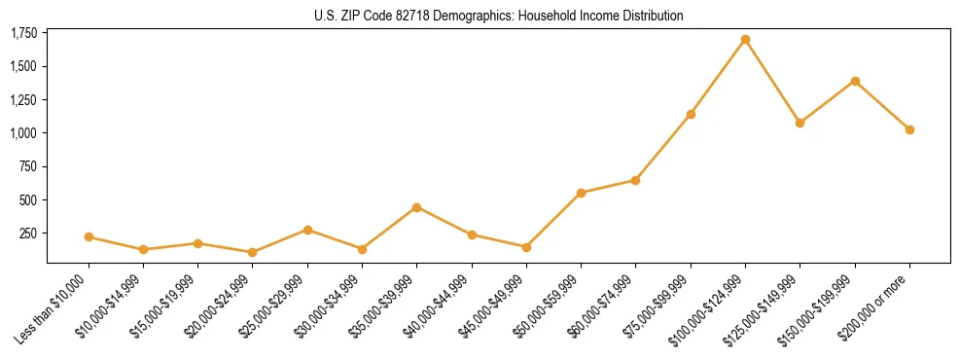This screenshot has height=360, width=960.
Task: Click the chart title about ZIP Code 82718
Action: [499, 16]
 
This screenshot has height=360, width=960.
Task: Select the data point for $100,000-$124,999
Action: [745, 40]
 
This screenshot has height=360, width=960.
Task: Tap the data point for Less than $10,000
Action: [89, 236]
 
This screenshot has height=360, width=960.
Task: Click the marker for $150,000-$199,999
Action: [855, 81]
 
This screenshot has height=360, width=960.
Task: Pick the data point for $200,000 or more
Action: [909, 129]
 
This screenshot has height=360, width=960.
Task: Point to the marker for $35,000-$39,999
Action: [416, 207]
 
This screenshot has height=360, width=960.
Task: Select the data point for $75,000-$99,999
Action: [691, 114]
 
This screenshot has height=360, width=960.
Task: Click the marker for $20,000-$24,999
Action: [253, 252]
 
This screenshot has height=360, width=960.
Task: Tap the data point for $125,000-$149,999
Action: [800, 123]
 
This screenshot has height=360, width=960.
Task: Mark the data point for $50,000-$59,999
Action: [581, 193]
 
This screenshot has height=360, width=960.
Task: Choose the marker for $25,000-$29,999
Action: [307, 230]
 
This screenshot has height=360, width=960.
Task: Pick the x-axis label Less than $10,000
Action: [54, 308]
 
